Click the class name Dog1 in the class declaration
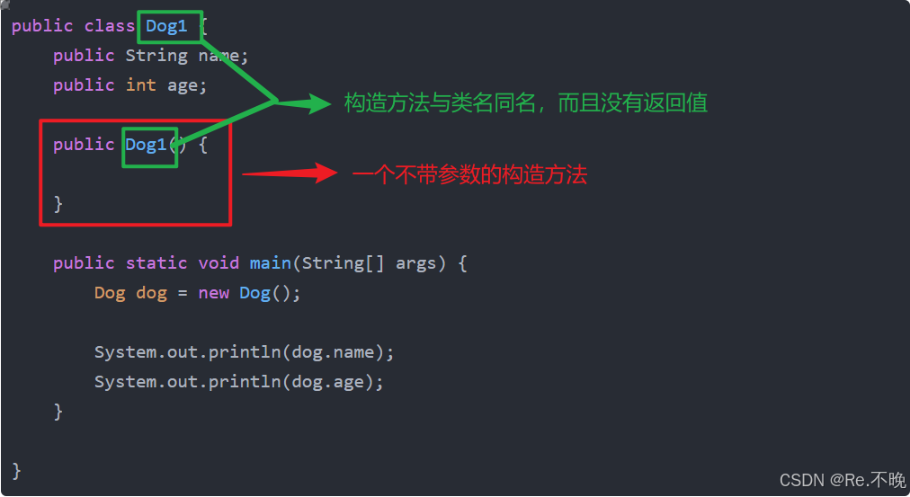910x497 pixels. coord(167,26)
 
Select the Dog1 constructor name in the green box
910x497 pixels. coord(147,145)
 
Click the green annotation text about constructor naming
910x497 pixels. coord(526,103)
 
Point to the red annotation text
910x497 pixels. coord(468,175)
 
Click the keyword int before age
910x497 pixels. coord(140,85)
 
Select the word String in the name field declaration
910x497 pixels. coord(156,56)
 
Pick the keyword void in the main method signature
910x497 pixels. coord(219,263)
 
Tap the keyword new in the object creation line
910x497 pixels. coord(214,293)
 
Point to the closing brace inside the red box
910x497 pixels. coord(58,204)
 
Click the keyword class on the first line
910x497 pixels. coord(110,26)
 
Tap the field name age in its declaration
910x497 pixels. coord(183,85)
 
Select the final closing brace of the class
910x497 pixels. coord(16,470)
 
